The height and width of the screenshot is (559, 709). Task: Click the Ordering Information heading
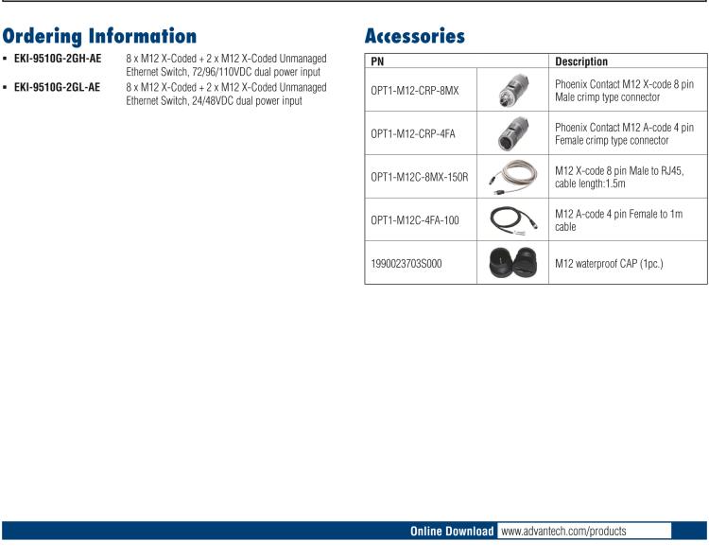[99, 37]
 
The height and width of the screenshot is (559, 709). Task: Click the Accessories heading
[415, 37]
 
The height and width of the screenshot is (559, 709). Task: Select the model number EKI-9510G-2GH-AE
[58, 59]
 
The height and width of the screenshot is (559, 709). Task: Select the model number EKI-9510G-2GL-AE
[58, 87]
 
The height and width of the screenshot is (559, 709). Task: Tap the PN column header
[378, 61]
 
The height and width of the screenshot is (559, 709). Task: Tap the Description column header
[581, 61]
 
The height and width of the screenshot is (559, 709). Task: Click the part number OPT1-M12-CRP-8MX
[415, 90]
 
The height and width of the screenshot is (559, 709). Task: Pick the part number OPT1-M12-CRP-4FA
[413, 133]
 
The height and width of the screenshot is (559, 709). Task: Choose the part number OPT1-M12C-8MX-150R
[420, 177]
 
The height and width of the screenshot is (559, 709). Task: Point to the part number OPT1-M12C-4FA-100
[415, 220]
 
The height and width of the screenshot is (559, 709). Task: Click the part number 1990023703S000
[408, 264]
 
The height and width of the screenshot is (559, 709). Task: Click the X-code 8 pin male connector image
[513, 90]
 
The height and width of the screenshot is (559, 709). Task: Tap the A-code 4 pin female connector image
[513, 133]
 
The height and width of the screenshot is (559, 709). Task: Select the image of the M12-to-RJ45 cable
[513, 177]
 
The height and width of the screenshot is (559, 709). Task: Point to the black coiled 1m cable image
[513, 221]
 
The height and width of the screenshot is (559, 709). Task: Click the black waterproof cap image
[513, 264]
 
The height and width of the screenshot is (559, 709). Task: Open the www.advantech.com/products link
[563, 532]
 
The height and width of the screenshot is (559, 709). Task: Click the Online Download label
[451, 532]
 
